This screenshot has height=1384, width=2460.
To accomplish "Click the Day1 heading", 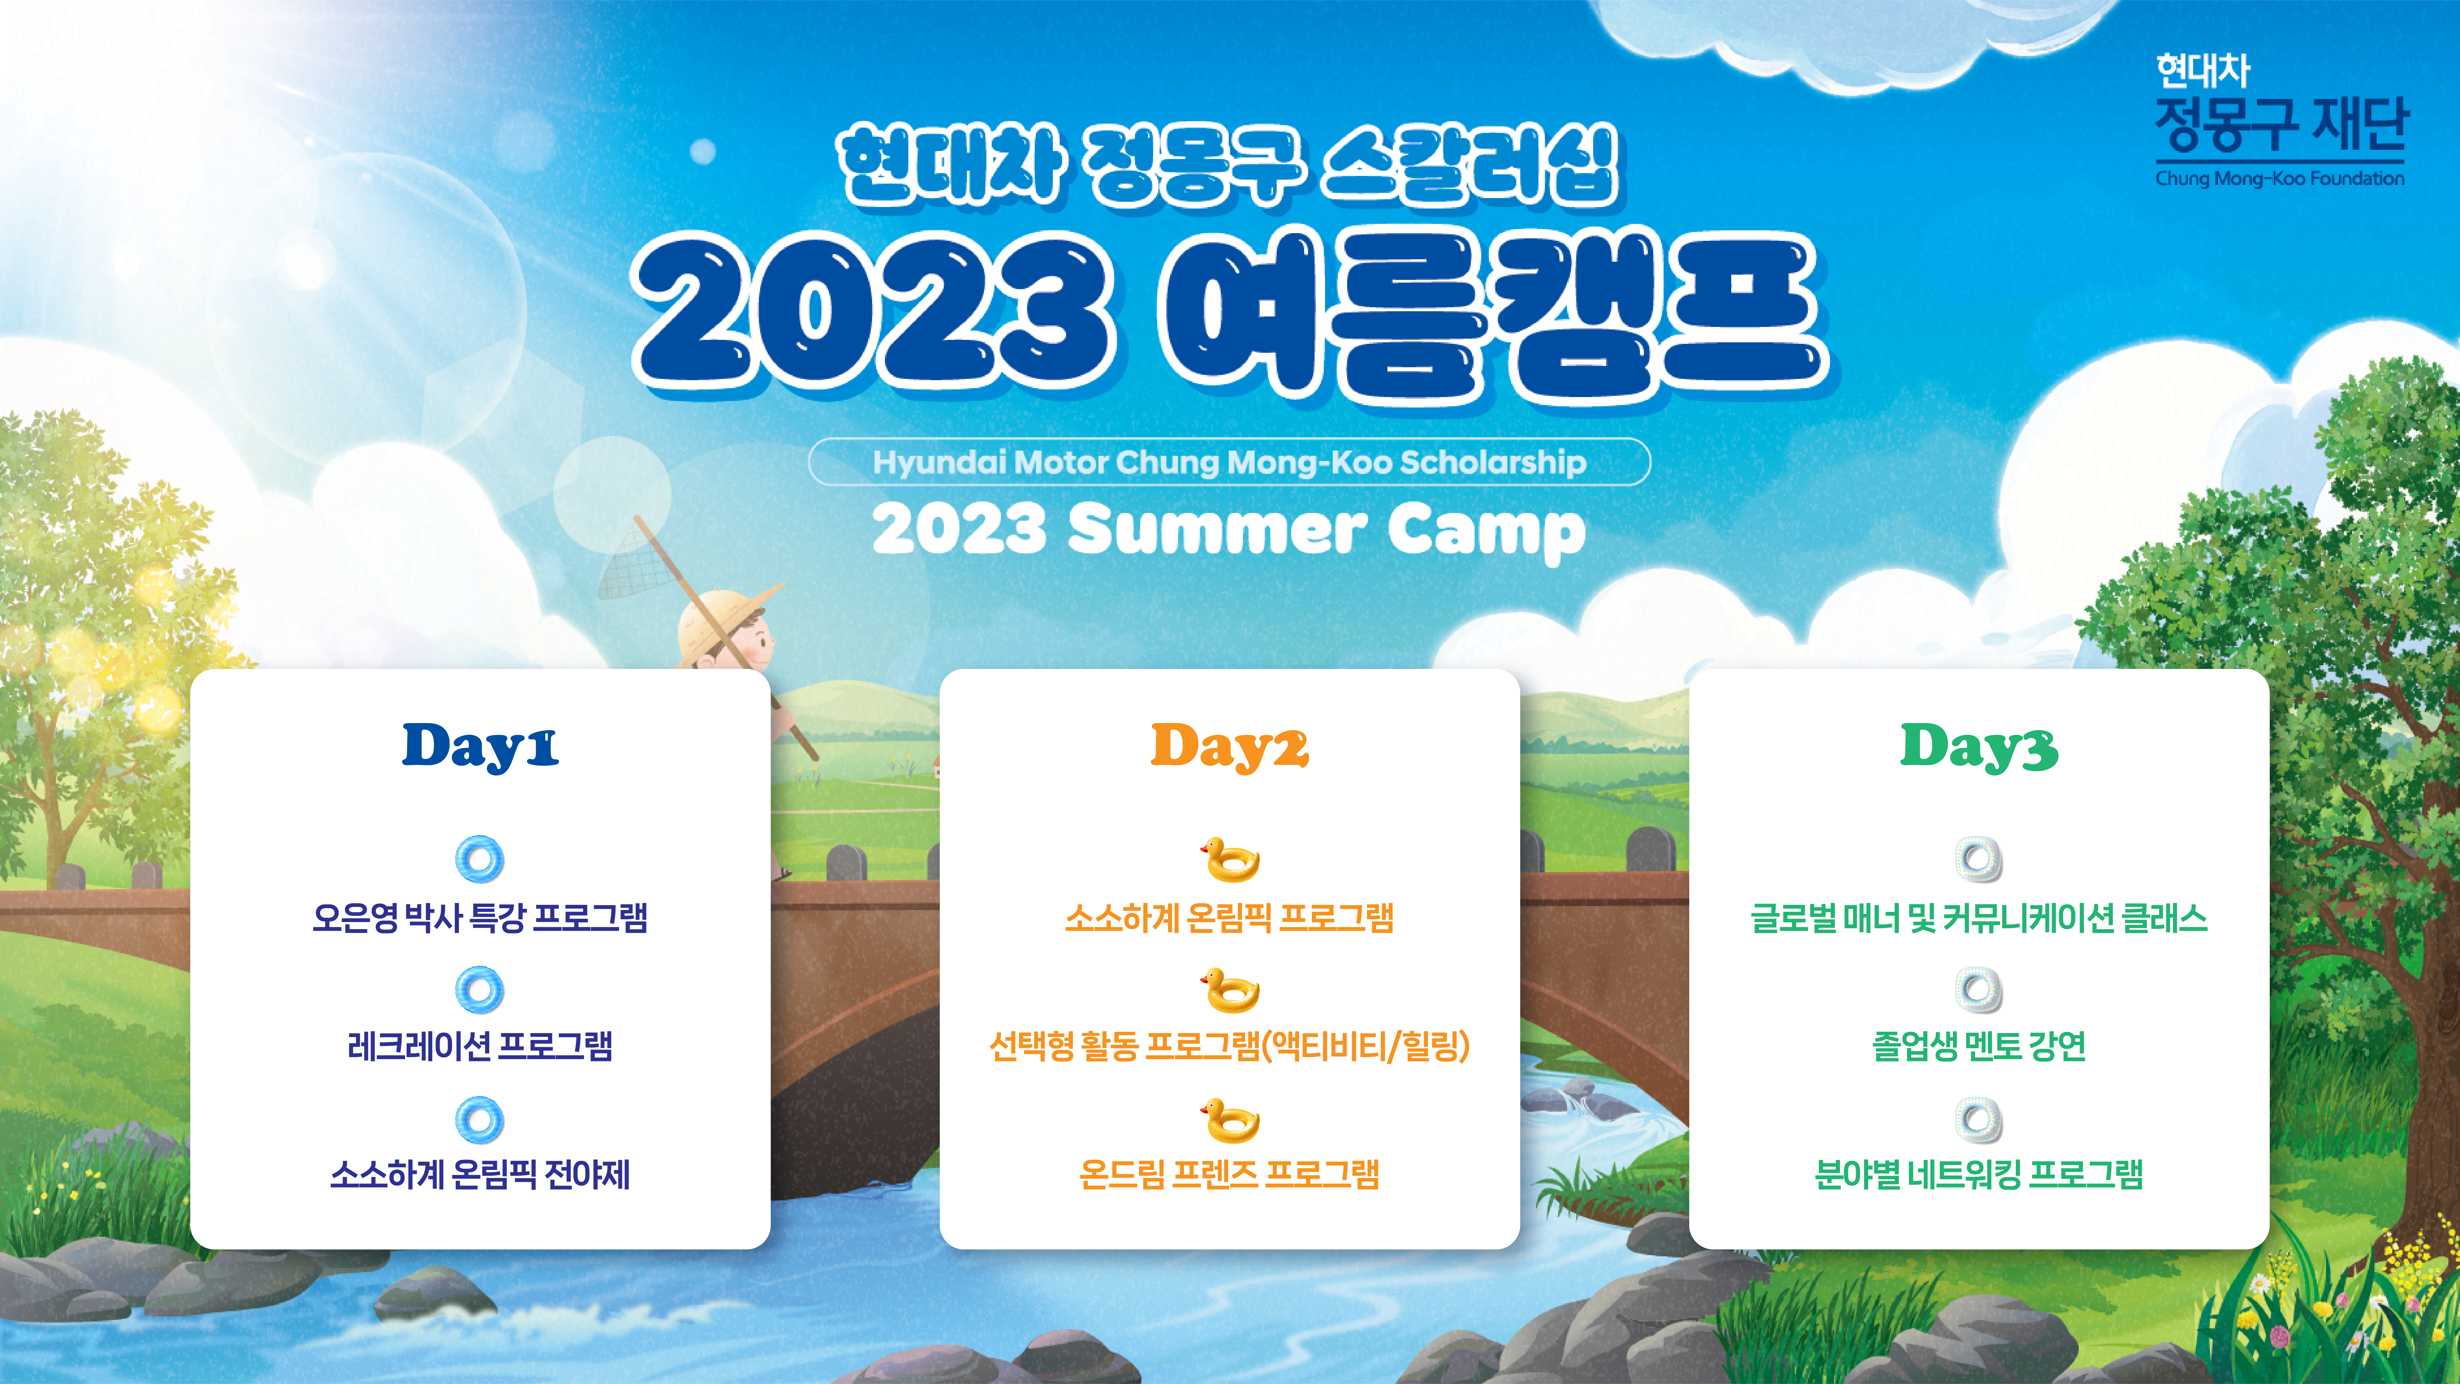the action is click(x=480, y=747).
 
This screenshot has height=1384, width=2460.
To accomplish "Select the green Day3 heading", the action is click(x=1979, y=747).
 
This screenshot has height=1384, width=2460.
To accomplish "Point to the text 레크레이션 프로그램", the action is click(x=480, y=1046).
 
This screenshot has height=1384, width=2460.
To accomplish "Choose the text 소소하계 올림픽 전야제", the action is click(x=480, y=1174).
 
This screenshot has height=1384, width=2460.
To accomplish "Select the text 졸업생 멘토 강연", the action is click(x=1979, y=1046).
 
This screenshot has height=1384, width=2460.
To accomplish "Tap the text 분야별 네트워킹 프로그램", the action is click(x=1979, y=1174).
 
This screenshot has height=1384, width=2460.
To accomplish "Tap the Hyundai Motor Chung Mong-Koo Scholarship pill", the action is click(x=1229, y=462).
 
